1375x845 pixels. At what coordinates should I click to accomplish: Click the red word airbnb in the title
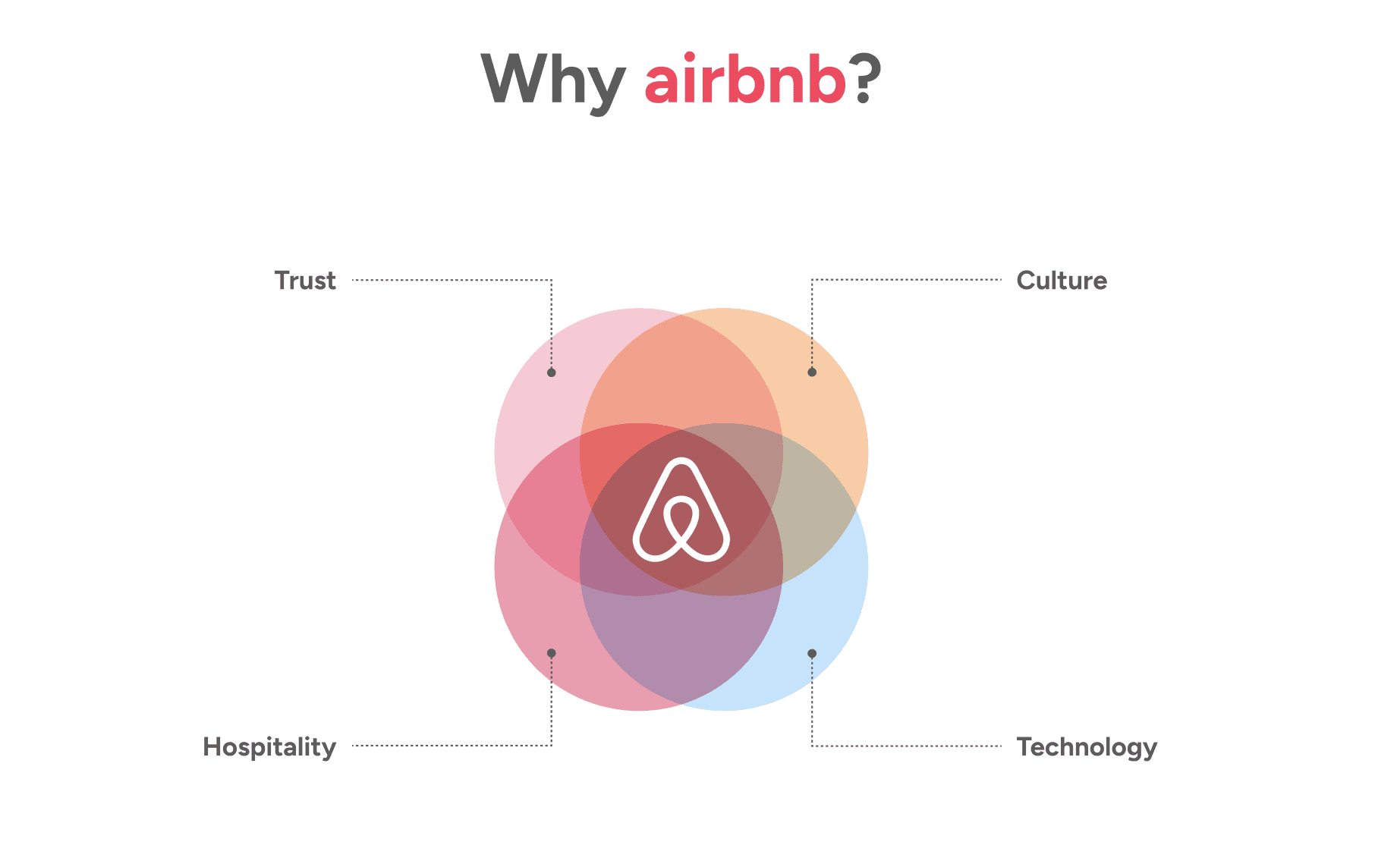point(744,80)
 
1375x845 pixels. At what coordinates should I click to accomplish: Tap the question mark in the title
point(865,79)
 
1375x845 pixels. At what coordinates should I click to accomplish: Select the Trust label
point(305,281)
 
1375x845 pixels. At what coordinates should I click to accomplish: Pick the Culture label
point(1061,281)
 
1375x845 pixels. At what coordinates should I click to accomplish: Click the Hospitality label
point(269,747)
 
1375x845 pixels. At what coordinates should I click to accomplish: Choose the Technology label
point(1087,747)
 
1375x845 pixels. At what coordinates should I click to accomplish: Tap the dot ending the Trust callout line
point(552,372)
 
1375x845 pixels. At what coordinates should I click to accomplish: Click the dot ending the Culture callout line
point(812,372)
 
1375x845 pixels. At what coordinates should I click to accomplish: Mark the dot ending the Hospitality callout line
point(552,653)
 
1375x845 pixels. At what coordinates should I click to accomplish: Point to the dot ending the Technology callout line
point(812,653)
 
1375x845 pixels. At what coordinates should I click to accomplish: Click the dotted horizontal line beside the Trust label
point(452,280)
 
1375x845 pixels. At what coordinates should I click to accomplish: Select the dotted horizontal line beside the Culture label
point(907,280)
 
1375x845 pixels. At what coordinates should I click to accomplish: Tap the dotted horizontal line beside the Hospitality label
point(452,746)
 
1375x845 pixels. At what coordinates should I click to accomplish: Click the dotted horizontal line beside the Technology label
point(907,746)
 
